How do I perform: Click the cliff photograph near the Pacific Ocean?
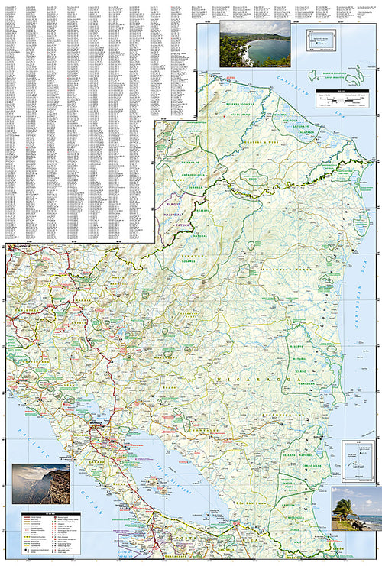(40, 484)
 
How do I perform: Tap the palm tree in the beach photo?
(345, 504)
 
